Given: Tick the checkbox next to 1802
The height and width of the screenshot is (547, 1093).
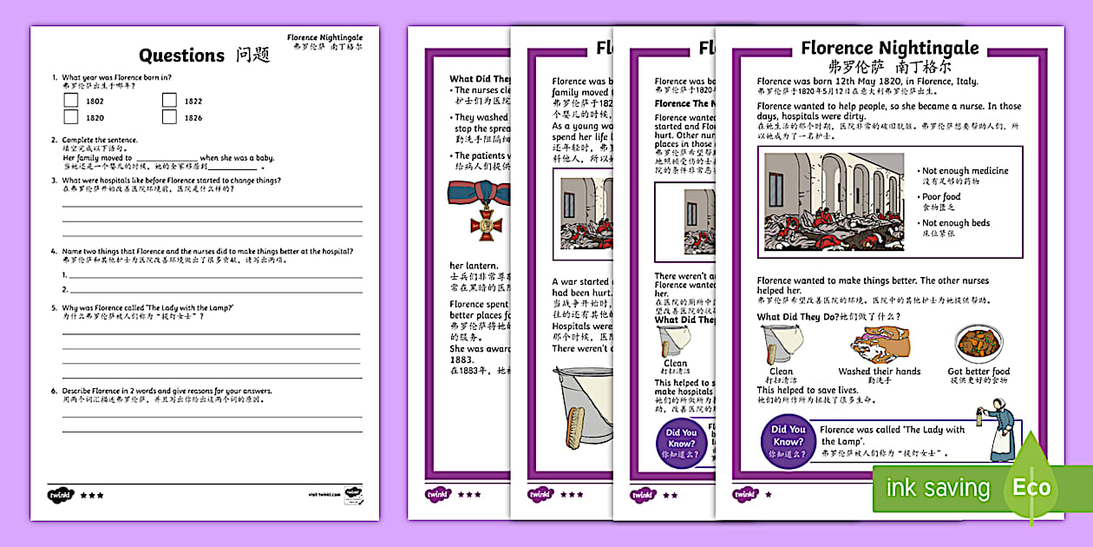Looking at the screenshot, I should click(71, 101).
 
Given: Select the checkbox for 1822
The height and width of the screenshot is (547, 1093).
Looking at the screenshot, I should click(169, 101).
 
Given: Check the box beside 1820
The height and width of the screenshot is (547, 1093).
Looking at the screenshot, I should click(71, 117).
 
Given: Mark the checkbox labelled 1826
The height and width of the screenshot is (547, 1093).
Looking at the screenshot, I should click(169, 117).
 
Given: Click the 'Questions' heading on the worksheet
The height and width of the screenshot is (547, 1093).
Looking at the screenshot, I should click(181, 56).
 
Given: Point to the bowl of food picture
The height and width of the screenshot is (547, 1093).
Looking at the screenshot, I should click(978, 344).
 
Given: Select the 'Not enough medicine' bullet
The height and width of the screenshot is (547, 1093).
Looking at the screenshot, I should click(965, 171).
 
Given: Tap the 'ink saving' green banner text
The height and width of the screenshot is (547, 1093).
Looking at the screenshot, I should click(938, 488).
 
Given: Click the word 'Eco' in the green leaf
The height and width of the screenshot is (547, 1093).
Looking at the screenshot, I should click(1031, 487).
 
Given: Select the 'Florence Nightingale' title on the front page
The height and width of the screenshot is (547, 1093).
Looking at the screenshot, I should click(889, 48).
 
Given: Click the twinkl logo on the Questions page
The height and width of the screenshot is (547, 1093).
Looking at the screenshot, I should click(61, 494).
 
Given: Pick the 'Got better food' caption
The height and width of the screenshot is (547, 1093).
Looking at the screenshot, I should click(978, 372).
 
